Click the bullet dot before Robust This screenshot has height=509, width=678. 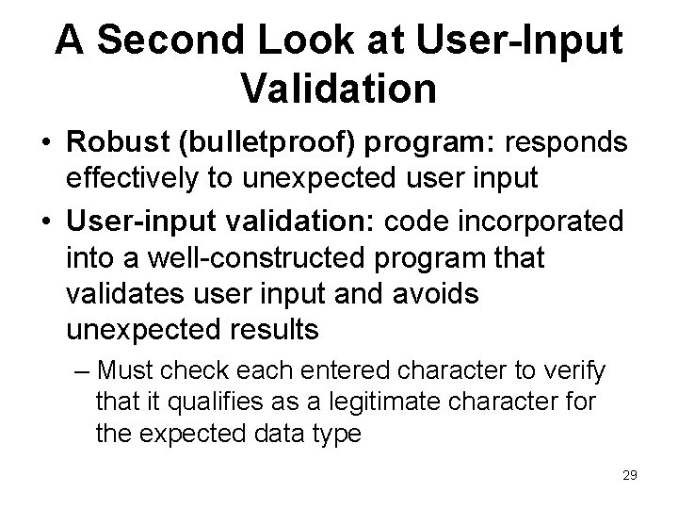click(x=46, y=144)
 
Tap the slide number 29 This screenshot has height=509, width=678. click(x=629, y=475)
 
